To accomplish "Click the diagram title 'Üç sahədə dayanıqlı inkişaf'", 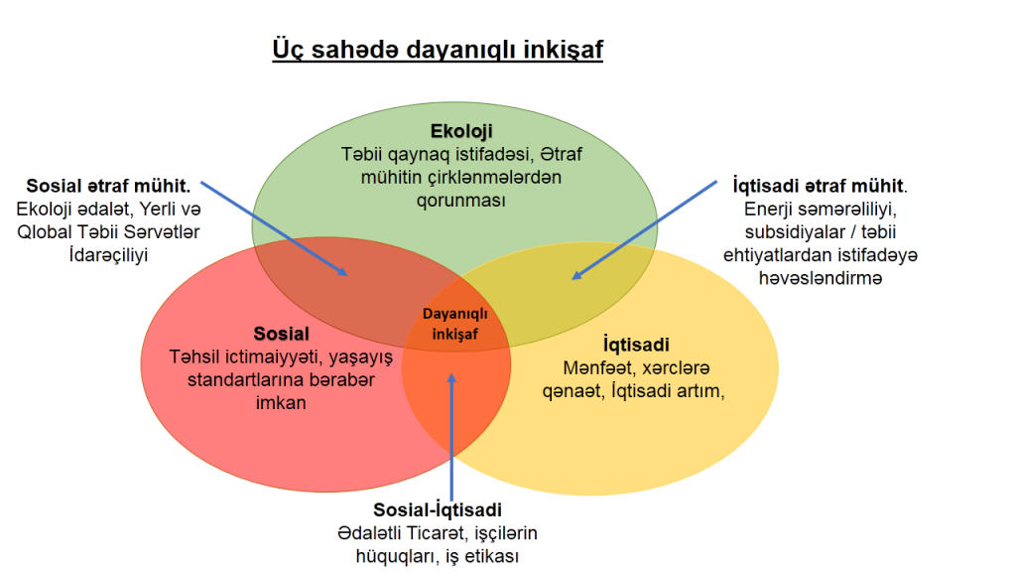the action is pyautogui.click(x=438, y=50).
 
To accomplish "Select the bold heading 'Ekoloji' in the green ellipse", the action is pyautogui.click(x=461, y=131).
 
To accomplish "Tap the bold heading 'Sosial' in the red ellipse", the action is pyautogui.click(x=281, y=334).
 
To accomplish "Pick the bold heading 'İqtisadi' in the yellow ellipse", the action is pyautogui.click(x=636, y=344).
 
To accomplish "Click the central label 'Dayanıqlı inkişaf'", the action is pyautogui.click(x=454, y=324).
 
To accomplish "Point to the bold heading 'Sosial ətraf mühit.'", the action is pyautogui.click(x=108, y=186).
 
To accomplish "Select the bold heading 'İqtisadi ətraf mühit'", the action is pyautogui.click(x=818, y=186).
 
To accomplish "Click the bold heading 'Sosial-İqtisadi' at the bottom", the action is pyautogui.click(x=438, y=509).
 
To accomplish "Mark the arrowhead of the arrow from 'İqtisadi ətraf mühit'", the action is pyautogui.click(x=575, y=276).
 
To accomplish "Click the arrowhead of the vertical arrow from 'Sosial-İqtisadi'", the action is pyautogui.click(x=451, y=376).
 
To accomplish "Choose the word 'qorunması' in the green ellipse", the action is pyautogui.click(x=460, y=201).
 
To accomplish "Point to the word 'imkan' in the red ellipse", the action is pyautogui.click(x=281, y=403).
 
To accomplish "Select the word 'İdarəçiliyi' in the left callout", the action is pyautogui.click(x=108, y=255).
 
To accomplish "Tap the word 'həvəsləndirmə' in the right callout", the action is pyautogui.click(x=821, y=278).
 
